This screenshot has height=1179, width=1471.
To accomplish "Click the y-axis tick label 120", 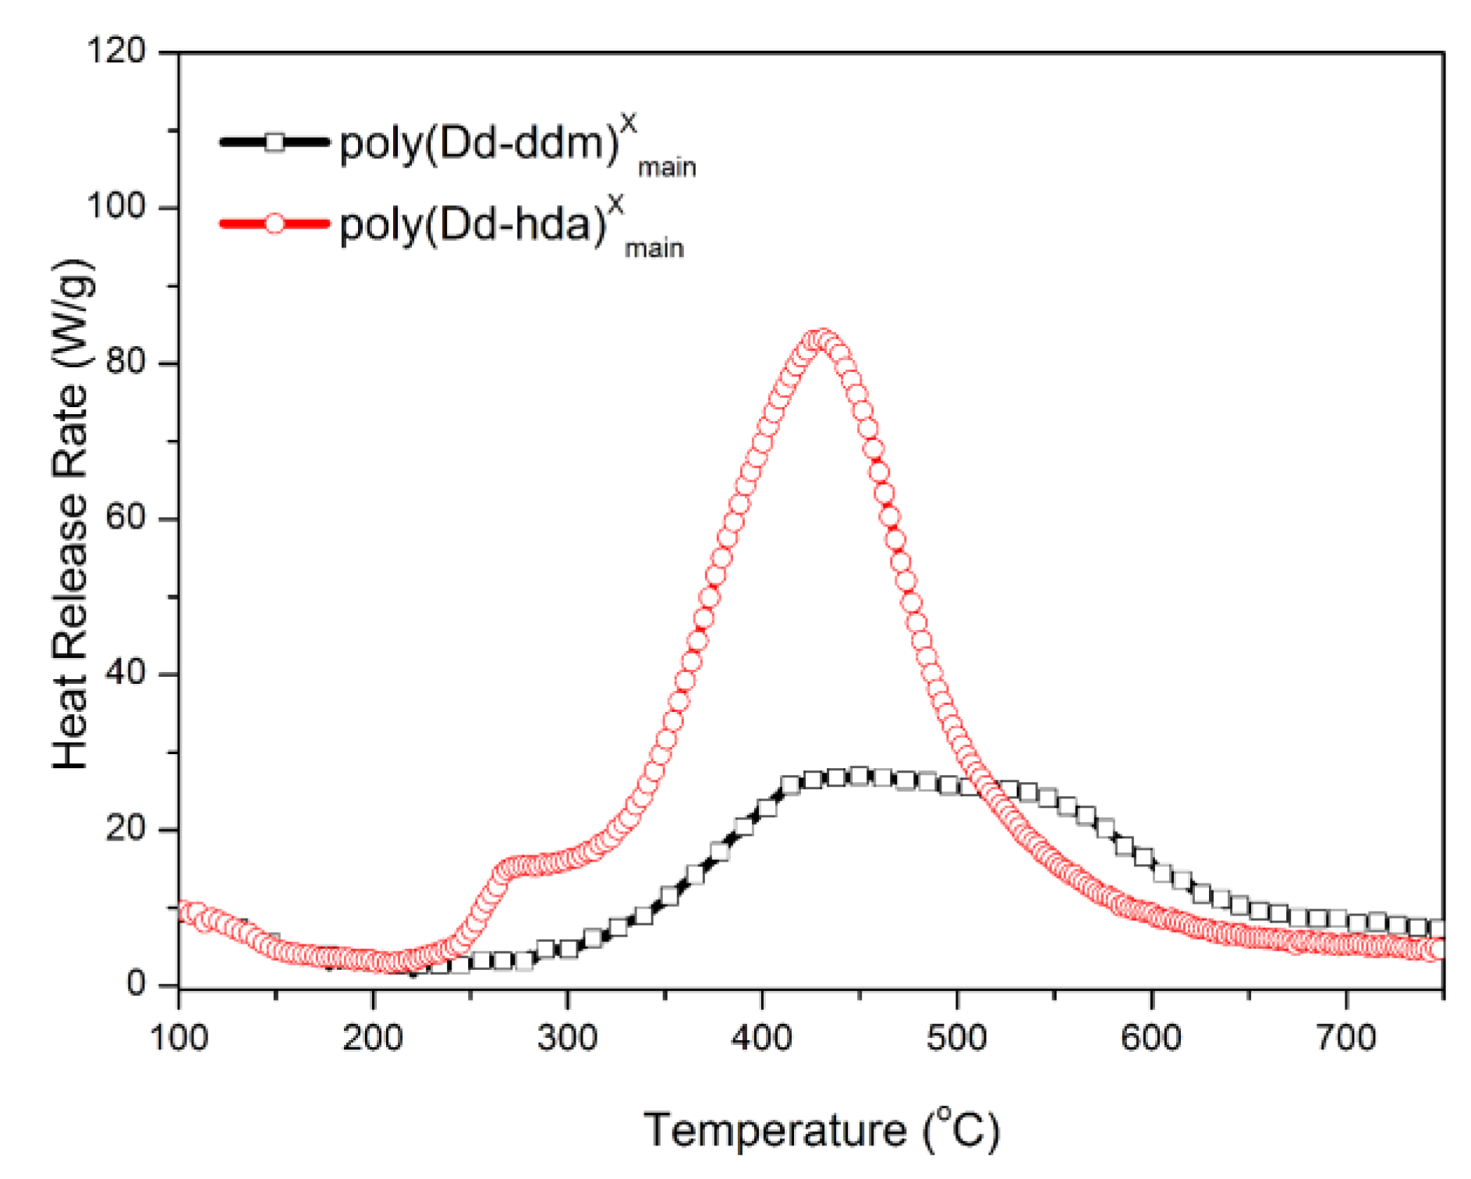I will tap(115, 51).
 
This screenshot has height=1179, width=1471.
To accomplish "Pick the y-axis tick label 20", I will tap(126, 828).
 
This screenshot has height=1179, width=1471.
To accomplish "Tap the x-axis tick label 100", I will tap(179, 1038).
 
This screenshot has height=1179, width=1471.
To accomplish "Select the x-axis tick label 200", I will tap(373, 1038).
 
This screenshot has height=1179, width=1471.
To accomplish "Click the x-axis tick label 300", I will tap(567, 1038).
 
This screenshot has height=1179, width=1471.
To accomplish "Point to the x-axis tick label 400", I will tap(762, 1038).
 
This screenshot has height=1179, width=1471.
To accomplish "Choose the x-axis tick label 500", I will tap(956, 1038).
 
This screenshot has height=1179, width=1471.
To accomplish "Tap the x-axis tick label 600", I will tap(1151, 1038).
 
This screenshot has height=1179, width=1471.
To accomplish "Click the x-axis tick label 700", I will tap(1345, 1038).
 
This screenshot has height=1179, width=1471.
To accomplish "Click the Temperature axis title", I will tap(821, 1130).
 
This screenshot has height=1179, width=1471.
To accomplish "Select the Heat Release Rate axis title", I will tap(72, 515).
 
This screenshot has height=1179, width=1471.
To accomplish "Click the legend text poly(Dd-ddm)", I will tap(480, 143).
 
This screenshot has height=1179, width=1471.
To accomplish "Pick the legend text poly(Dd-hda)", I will tap(473, 225).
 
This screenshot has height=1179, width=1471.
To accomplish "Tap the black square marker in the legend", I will tap(275, 142).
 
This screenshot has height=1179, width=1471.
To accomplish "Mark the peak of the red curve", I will tap(821, 340).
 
